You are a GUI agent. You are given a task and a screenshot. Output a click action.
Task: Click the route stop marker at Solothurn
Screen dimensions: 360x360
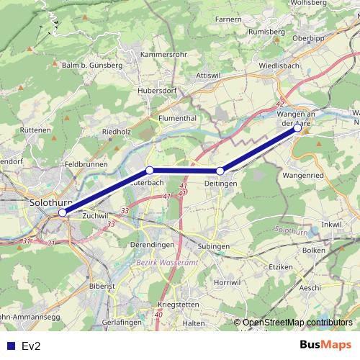pyautogui.click(x=63, y=212)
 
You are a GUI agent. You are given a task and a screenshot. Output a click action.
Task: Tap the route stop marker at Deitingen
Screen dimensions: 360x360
pyautogui.click(x=220, y=171)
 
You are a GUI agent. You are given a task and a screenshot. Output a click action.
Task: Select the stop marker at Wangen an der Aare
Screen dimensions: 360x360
pyautogui.click(x=297, y=128)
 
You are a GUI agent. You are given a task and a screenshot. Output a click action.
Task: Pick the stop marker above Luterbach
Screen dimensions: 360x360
pyautogui.click(x=150, y=170)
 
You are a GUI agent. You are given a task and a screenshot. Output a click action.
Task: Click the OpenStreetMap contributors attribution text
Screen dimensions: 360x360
pyautogui.click(x=297, y=323)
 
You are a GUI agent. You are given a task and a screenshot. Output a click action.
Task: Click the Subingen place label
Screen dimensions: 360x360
pyautogui.click(x=212, y=246)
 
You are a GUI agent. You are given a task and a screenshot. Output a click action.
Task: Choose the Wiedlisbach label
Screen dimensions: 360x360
pyautogui.click(x=281, y=66)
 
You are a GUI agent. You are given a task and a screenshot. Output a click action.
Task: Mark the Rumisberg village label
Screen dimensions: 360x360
pyautogui.click(x=268, y=32)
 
